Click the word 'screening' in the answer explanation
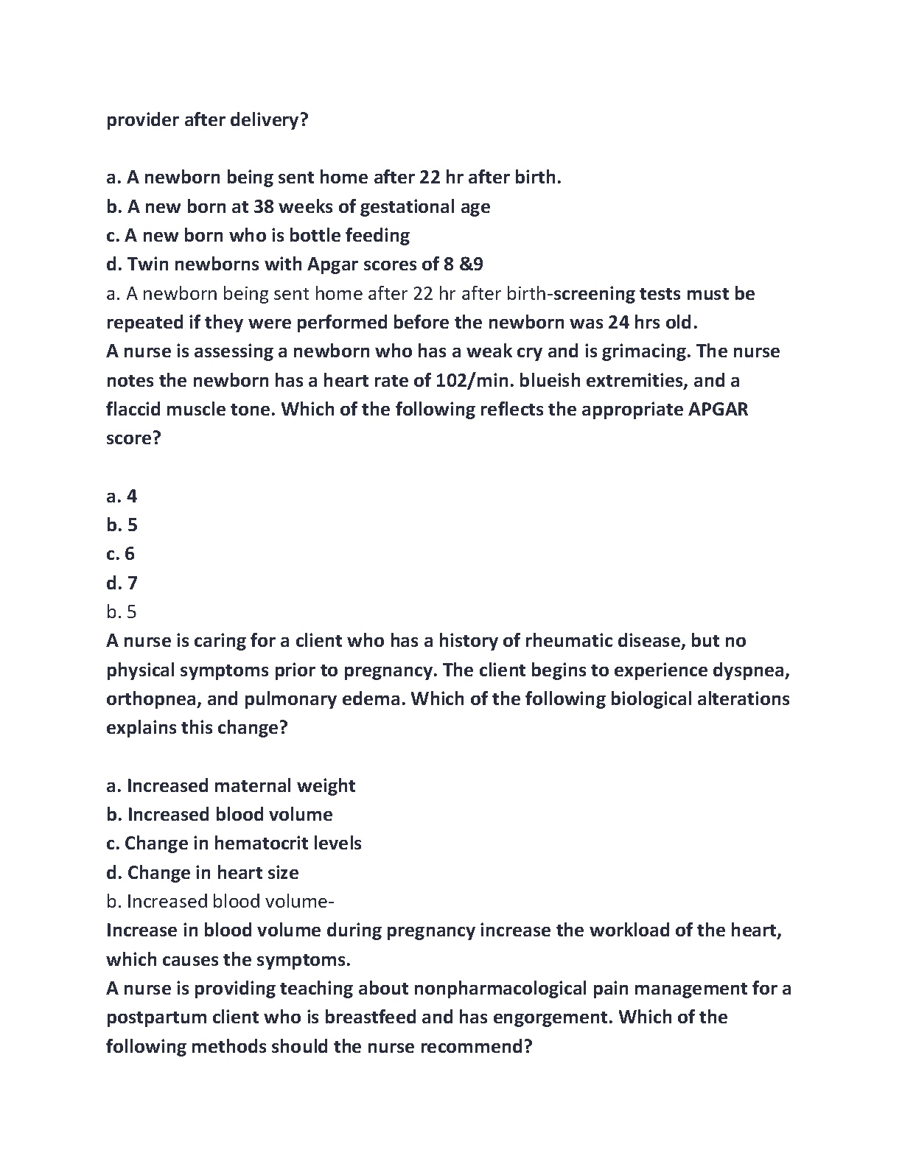(x=594, y=294)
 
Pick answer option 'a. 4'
(x=122, y=497)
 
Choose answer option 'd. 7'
(x=122, y=583)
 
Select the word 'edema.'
(x=374, y=699)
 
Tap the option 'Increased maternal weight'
(x=240, y=786)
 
